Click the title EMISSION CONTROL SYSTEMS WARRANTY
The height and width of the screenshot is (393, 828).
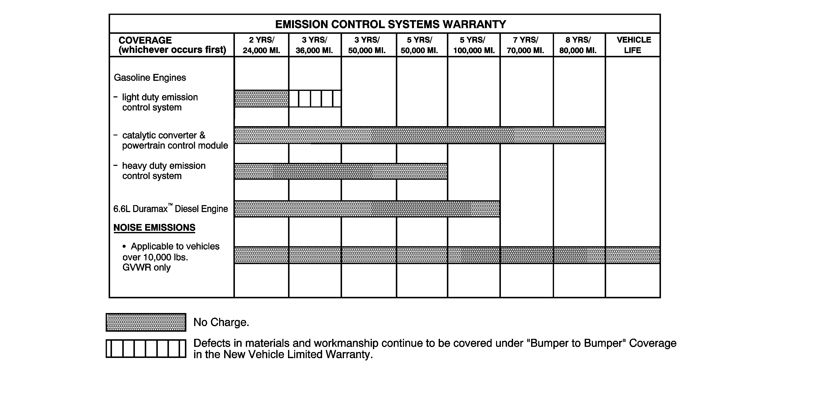[391, 24]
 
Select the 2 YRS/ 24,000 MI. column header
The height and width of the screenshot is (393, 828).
[261, 45]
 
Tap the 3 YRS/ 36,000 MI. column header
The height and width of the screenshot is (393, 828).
[314, 45]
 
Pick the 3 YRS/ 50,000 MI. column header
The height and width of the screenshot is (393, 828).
[367, 45]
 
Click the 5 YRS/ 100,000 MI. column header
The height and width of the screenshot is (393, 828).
[474, 45]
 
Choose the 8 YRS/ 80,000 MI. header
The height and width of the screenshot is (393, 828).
[578, 45]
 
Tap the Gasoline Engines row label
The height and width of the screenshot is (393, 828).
[150, 78]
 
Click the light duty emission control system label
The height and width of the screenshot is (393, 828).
[159, 102]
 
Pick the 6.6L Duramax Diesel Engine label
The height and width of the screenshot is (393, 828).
[170, 209]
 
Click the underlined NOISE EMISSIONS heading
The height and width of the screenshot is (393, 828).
[154, 228]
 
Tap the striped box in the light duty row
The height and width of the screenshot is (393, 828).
[315, 99]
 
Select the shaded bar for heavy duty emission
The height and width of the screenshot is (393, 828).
[341, 171]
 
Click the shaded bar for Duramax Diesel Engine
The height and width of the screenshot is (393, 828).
[367, 209]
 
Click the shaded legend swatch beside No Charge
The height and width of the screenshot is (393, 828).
[146, 322]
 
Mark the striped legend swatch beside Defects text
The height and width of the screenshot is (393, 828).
[146, 348]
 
